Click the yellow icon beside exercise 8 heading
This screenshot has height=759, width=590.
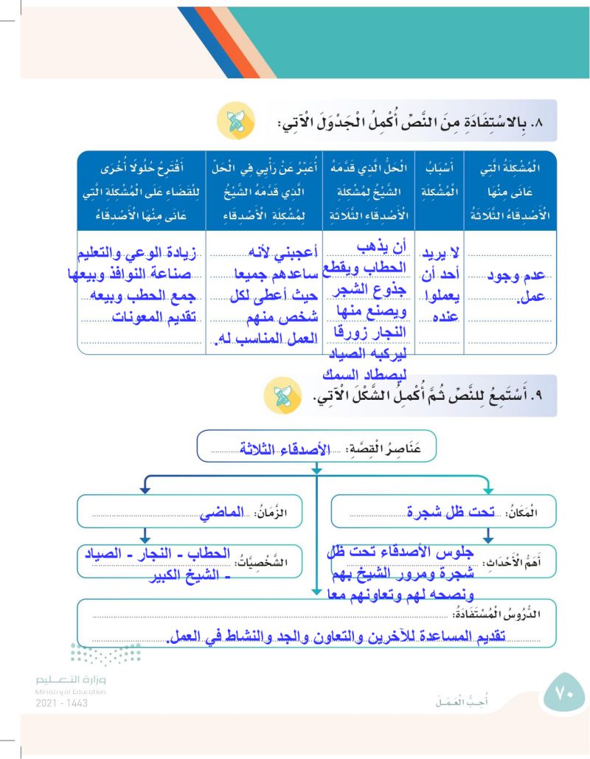235,122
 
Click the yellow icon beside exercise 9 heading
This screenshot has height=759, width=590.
282,396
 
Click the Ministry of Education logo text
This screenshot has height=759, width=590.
71,684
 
